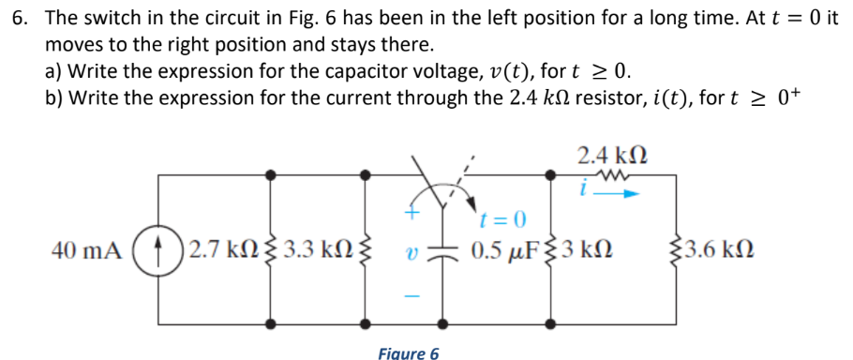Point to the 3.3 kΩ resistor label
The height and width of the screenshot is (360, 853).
[x=320, y=251]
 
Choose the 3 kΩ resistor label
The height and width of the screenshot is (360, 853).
[x=589, y=251]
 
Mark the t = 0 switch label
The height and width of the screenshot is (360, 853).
[x=502, y=221]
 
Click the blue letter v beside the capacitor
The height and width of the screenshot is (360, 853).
[x=410, y=253]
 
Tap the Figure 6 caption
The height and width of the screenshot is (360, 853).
[x=408, y=352]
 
